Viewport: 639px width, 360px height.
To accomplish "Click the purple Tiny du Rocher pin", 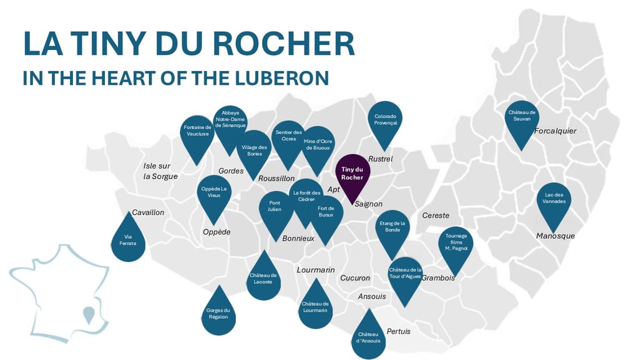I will [353, 173].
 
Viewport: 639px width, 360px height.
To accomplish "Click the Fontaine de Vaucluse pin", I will [197, 133].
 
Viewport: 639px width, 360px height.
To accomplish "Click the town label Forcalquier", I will [555, 131].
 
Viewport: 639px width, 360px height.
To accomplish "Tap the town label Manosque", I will [555, 236].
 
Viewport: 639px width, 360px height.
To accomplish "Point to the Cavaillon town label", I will [148, 212].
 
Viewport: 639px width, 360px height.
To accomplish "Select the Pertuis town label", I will [399, 331].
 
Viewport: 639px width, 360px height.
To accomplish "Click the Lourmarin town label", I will [316, 270].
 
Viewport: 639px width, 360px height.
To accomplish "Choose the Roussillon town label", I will [276, 178].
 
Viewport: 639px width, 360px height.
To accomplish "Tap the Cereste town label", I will [436, 215].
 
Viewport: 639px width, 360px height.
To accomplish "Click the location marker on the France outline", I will [90, 315].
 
